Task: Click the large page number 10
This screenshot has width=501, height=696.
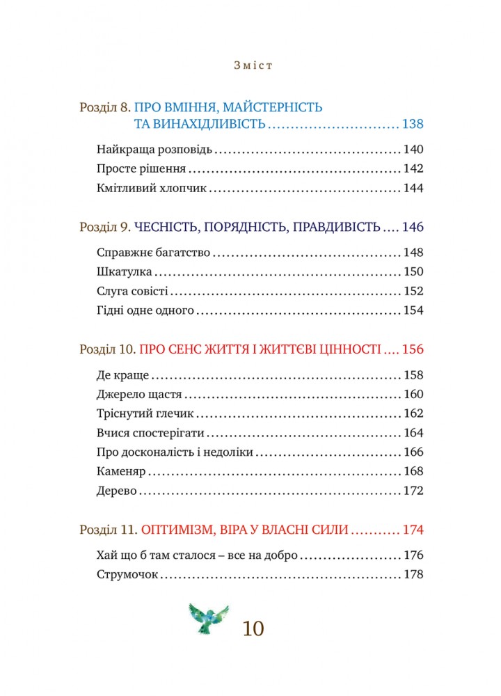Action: click(253, 628)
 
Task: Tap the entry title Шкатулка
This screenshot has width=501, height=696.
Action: click(119, 272)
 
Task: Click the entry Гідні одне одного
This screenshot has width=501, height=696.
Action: click(145, 311)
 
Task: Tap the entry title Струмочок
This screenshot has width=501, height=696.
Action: click(128, 576)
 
